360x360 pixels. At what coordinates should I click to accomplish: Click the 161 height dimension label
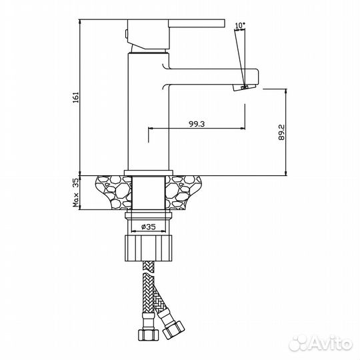(76, 97)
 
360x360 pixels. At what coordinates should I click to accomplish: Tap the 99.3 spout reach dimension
(197, 124)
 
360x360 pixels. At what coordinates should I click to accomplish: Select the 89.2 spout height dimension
(281, 132)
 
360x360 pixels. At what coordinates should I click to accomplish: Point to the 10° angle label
(240, 25)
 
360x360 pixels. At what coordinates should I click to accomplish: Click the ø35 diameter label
(148, 227)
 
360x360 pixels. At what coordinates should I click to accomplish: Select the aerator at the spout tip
(244, 87)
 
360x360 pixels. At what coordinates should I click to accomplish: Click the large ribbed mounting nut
(148, 248)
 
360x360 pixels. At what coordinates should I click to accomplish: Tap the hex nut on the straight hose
(148, 335)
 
